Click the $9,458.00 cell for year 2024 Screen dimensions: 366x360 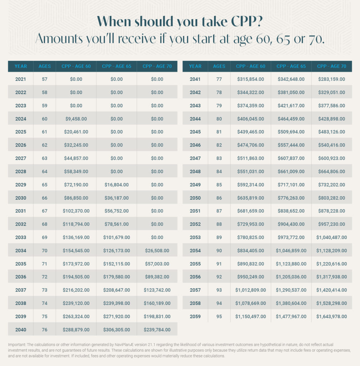[x=76, y=119]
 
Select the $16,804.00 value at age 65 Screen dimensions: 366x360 [x=116, y=185]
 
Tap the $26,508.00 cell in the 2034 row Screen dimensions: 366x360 [x=157, y=251]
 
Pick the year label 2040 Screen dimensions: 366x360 [x=20, y=330]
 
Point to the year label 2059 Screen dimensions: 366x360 [x=195, y=316]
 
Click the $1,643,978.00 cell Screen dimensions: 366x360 [x=331, y=316]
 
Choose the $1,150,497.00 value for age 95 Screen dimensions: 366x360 [x=250, y=316]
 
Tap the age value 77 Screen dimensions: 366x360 [x=219, y=79]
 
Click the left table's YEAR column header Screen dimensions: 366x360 [x=20, y=66]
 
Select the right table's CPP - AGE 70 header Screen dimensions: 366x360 [x=331, y=66]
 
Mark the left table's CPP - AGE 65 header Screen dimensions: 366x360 [x=116, y=66]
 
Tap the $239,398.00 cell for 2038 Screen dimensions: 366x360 [x=116, y=303]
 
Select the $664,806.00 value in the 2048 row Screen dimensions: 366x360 [x=331, y=171]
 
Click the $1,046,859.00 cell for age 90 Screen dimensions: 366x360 [x=291, y=251]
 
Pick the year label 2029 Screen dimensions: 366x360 [x=20, y=185]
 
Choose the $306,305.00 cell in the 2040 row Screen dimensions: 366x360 [x=116, y=330]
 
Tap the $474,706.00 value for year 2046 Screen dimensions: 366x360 [x=250, y=145]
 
